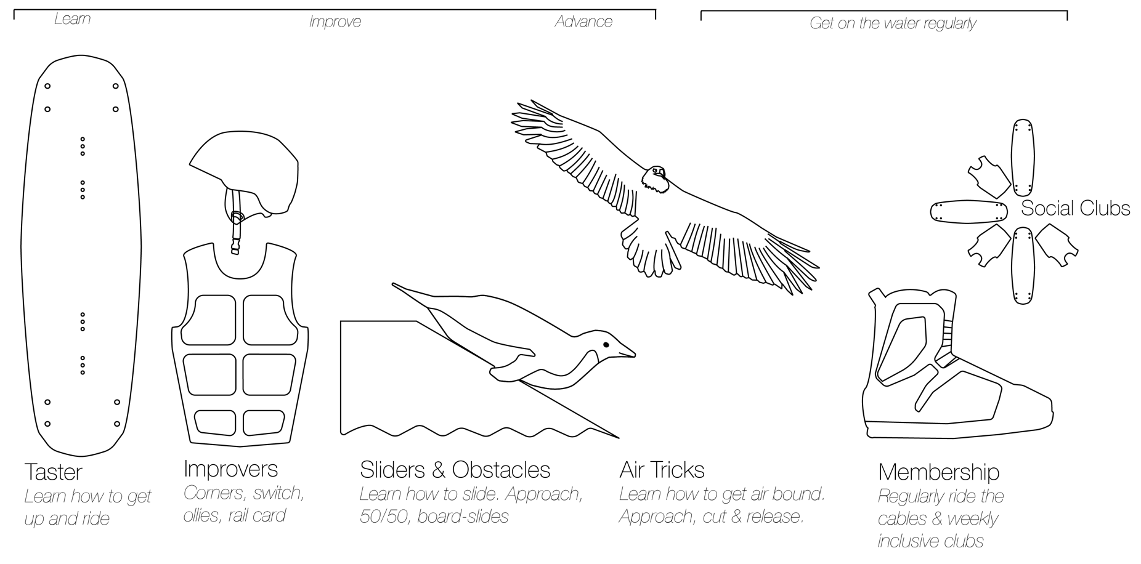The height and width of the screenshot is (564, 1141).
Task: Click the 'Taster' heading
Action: click(x=53, y=472)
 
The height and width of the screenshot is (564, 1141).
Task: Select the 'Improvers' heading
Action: click(x=231, y=469)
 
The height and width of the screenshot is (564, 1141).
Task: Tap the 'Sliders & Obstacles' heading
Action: click(x=455, y=470)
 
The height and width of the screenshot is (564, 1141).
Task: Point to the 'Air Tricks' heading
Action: click(x=662, y=470)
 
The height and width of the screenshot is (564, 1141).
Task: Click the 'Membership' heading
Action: click(x=938, y=472)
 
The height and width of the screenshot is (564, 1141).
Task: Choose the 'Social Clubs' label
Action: click(x=1076, y=209)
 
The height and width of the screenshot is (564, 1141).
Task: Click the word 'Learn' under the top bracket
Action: click(x=72, y=19)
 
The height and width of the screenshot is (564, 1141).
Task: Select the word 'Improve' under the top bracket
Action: click(x=335, y=22)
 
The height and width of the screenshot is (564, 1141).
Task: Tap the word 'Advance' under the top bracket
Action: click(x=583, y=22)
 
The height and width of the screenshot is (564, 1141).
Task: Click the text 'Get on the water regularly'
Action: click(x=893, y=24)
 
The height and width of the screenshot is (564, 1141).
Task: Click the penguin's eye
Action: click(x=606, y=345)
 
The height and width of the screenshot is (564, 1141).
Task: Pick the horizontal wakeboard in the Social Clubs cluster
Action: click(x=968, y=211)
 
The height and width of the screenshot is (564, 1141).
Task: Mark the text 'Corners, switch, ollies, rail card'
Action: click(x=244, y=504)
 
